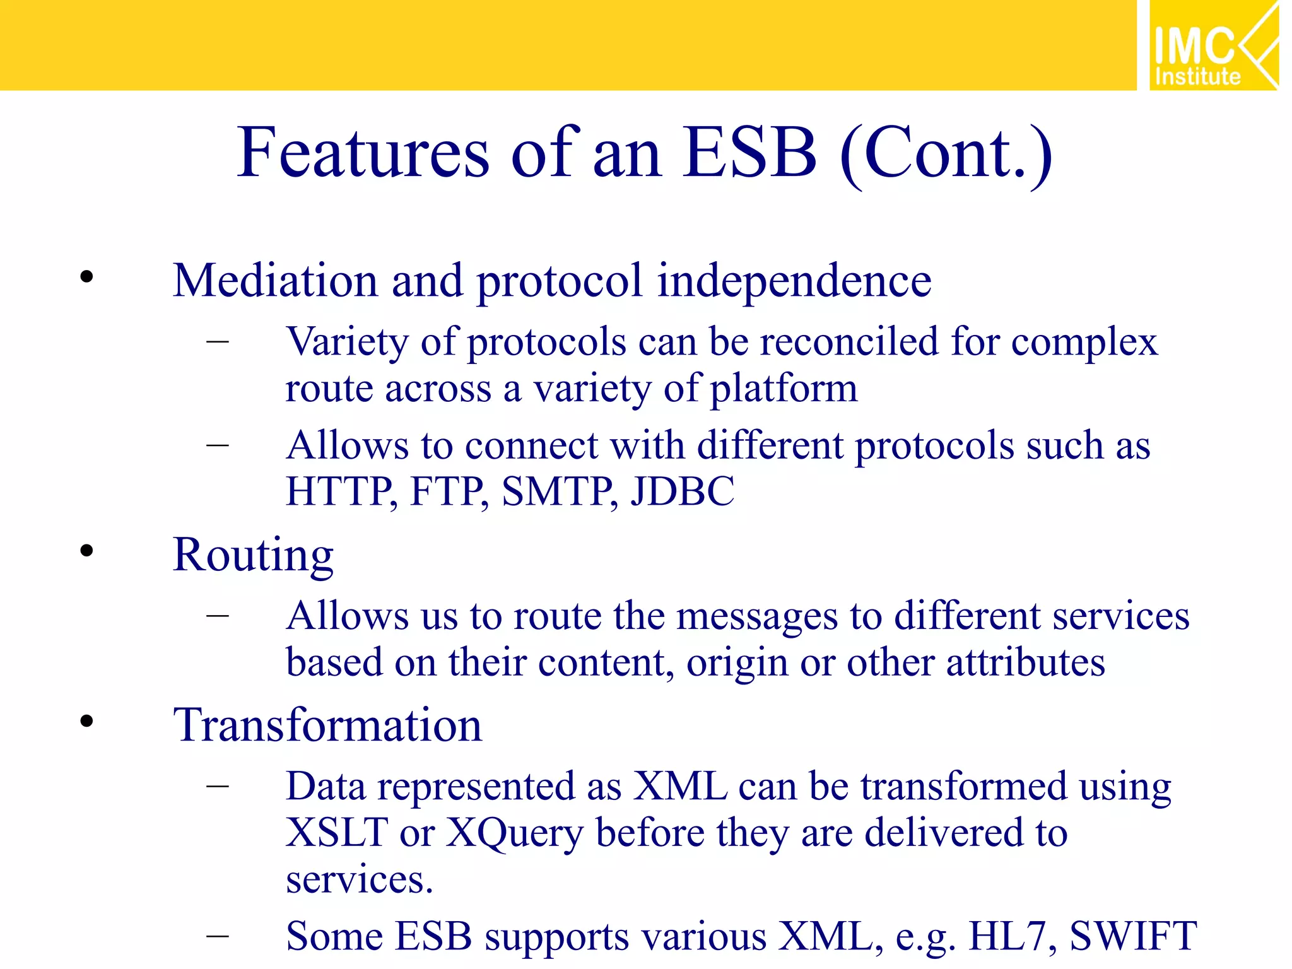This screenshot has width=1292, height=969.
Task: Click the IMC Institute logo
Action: coord(1213,45)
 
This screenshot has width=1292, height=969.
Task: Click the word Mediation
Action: coord(274,280)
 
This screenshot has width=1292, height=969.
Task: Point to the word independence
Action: coord(794,281)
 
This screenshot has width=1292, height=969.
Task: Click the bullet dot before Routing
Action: coord(86,551)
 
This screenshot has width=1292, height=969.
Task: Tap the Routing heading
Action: coord(253,555)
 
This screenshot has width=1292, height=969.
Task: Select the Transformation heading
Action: coord(327,725)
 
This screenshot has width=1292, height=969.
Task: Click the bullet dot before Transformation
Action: coord(86,721)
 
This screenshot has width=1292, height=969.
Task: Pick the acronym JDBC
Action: coord(683,491)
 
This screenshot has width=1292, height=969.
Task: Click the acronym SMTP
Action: coord(559,491)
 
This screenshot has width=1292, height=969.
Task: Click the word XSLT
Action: coord(336,833)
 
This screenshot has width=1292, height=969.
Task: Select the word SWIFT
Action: coord(1133,936)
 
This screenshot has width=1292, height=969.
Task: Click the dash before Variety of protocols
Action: coord(217,341)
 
